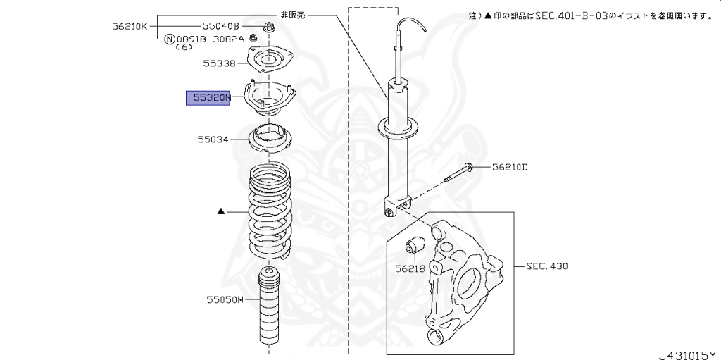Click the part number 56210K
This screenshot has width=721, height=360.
click(130, 26)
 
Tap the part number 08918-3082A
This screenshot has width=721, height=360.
click(209, 39)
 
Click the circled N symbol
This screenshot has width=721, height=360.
click(169, 39)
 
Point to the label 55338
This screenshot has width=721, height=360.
click(220, 63)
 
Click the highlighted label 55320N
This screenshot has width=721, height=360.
click(208, 98)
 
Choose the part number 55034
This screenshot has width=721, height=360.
click(213, 139)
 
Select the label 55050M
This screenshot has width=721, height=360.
click(225, 300)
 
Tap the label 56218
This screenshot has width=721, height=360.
click(410, 268)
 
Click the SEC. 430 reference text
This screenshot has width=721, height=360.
click(546, 266)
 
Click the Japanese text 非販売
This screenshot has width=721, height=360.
click(294, 13)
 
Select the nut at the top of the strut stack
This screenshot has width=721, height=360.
click(270, 28)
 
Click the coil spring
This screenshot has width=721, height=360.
click(269, 211)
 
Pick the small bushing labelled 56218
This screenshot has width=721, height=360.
click(415, 247)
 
